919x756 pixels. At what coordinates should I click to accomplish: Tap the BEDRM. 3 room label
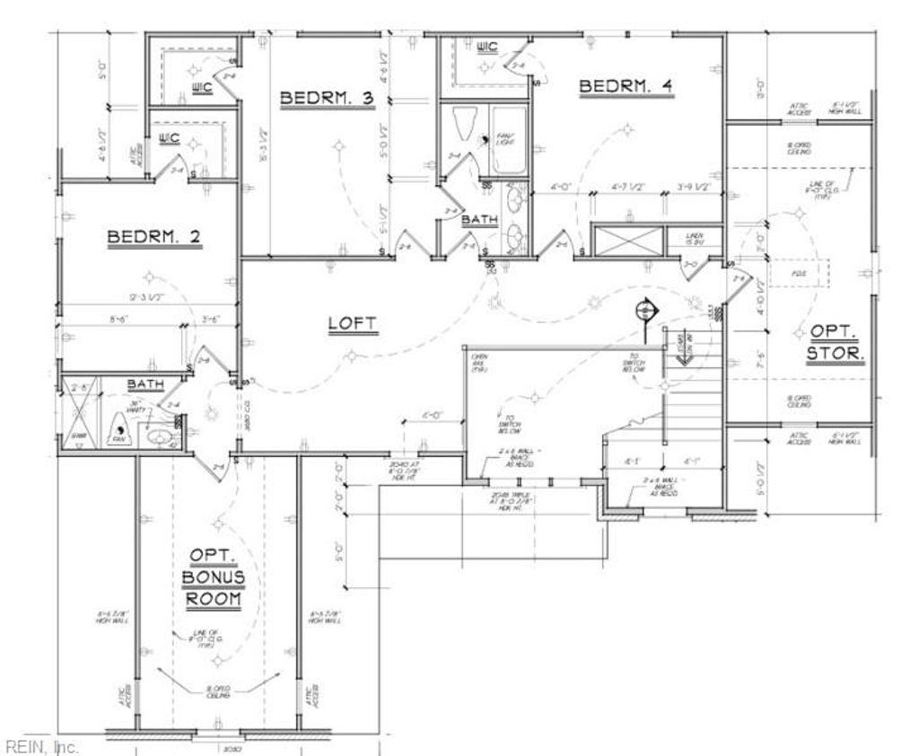click(327, 99)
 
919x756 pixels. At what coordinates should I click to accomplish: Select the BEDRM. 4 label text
click(626, 86)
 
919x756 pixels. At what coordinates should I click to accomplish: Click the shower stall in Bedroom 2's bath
click(79, 418)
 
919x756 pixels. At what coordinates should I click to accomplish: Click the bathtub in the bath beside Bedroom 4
click(508, 141)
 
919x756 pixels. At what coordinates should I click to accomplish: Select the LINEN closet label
click(695, 239)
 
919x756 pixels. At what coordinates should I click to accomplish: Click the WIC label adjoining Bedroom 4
click(487, 47)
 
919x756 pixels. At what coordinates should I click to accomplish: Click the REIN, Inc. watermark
click(41, 746)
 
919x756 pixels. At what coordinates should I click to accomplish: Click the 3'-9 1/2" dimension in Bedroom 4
click(694, 188)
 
